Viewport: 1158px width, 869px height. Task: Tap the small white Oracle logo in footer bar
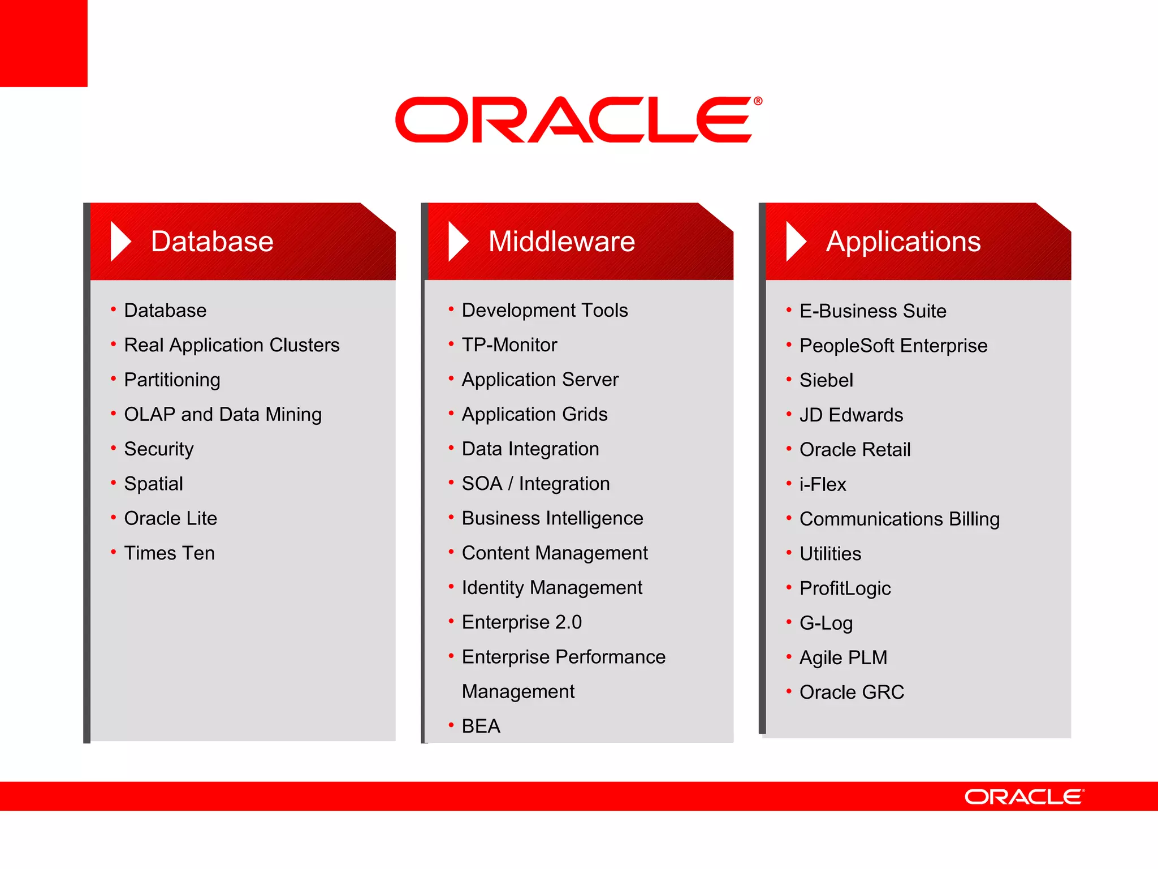tap(1024, 797)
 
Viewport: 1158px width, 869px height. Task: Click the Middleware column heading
tap(561, 242)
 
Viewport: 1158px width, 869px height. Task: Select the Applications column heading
tap(903, 242)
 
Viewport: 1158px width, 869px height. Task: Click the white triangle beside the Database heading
tap(120, 242)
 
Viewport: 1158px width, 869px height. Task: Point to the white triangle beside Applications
tap(796, 242)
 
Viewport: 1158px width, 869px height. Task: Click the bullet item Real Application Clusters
tap(231, 345)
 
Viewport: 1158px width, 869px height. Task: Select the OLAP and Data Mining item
tap(223, 414)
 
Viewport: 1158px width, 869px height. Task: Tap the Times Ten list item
tap(169, 553)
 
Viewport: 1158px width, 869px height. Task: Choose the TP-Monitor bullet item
tap(509, 345)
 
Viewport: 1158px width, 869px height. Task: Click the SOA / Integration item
tap(535, 484)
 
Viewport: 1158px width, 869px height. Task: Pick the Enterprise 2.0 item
tap(521, 622)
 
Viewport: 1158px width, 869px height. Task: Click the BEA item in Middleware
tap(481, 726)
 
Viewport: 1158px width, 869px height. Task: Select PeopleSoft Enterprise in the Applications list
tap(893, 346)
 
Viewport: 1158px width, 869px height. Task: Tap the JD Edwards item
tap(851, 415)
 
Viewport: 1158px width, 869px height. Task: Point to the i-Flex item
tap(822, 484)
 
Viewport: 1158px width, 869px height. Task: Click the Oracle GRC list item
tap(852, 692)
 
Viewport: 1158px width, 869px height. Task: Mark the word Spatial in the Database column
tap(153, 484)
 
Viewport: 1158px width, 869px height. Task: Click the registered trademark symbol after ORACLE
tap(758, 101)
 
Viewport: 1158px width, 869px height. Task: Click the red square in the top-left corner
tap(44, 43)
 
